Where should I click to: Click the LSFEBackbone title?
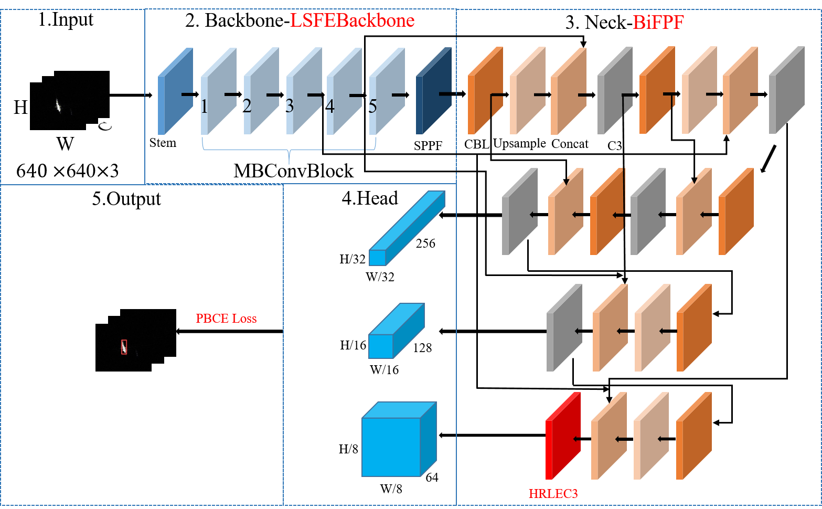pos(352,20)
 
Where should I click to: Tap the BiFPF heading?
pos(658,23)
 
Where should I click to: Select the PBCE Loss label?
pos(226,319)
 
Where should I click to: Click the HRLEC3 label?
pos(553,494)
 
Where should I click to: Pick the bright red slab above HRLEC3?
pos(562,436)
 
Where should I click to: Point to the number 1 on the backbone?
pos(204,107)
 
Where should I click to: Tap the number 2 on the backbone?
pos(247,106)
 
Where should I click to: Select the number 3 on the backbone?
pos(290,106)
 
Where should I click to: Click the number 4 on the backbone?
pos(330,107)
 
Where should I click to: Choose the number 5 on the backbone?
pos(372,107)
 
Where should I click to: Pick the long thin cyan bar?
pos(407,228)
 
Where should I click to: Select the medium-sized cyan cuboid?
pos(396,332)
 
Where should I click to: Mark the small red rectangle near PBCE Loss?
pos(124,347)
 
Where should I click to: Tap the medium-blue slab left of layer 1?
pos(175,91)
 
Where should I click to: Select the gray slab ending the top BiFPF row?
pos(786,90)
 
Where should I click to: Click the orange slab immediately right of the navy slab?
pos(485,91)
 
